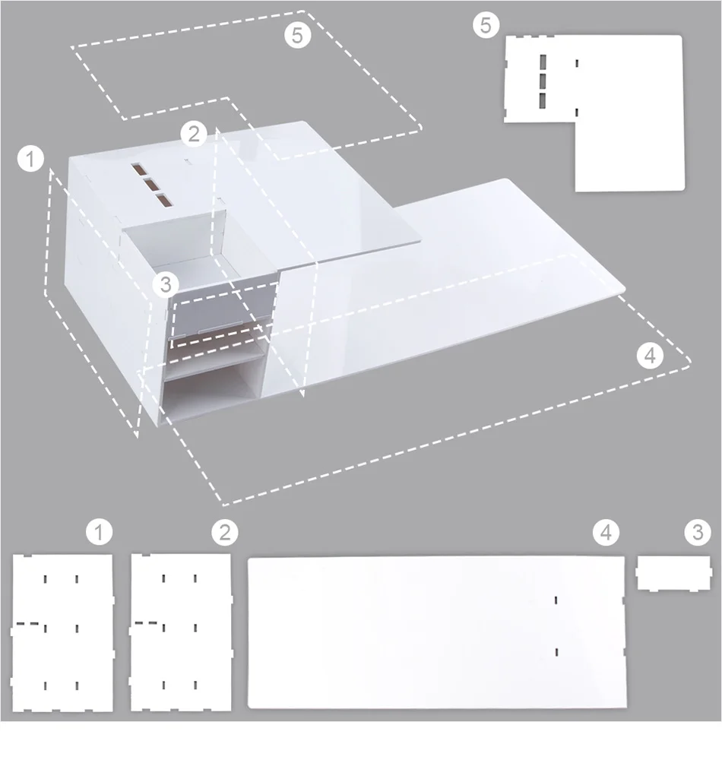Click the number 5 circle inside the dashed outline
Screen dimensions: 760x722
298,35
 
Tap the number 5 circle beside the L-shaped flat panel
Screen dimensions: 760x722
486,25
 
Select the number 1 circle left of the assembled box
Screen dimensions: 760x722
31,160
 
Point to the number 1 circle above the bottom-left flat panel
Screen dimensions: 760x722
99,533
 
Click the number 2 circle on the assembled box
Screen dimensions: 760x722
195,135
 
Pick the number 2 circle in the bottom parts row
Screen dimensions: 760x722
224,533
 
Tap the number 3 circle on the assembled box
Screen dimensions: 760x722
166,285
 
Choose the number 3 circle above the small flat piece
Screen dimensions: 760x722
698,533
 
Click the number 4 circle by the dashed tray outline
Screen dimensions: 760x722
649,355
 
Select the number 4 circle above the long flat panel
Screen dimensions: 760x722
605,533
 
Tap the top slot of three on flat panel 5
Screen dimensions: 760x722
543,62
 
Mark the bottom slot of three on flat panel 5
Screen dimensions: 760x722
543,100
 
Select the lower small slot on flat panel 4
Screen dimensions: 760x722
557,651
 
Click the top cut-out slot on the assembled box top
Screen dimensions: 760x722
140,169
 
